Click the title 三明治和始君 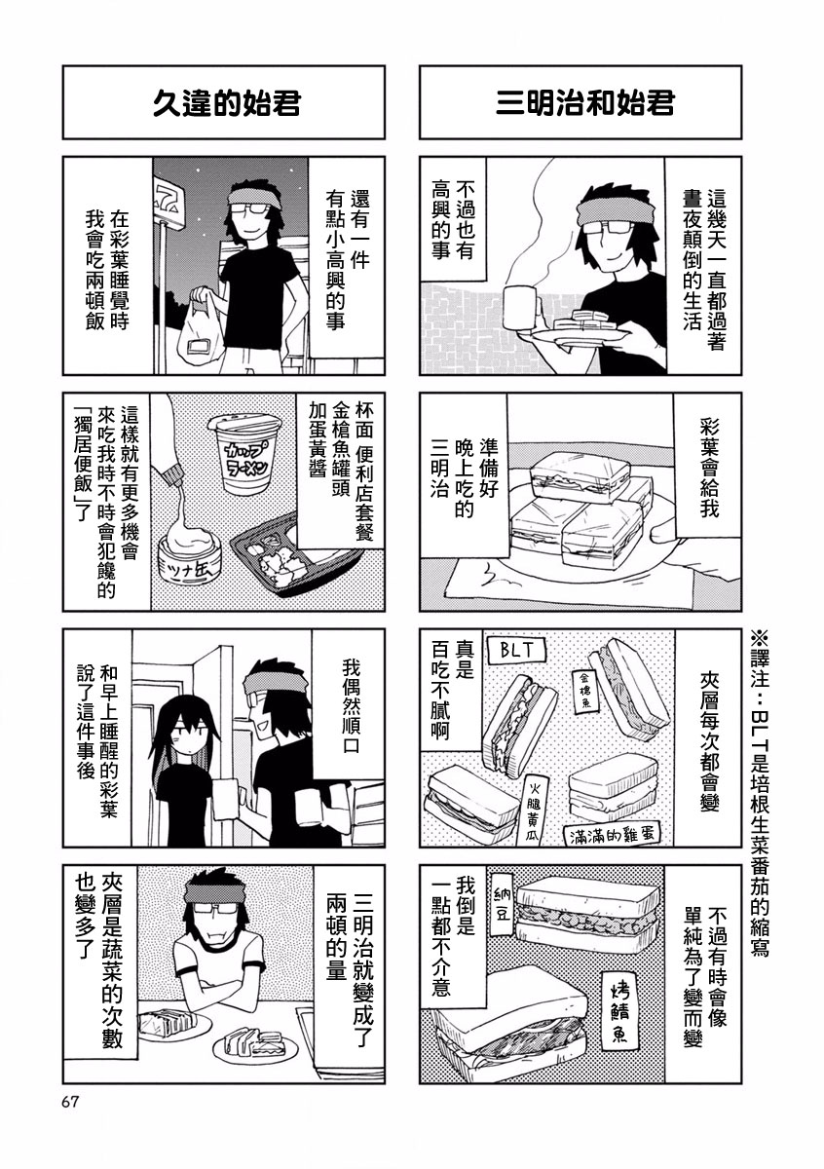584,102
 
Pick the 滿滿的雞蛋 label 613,834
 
